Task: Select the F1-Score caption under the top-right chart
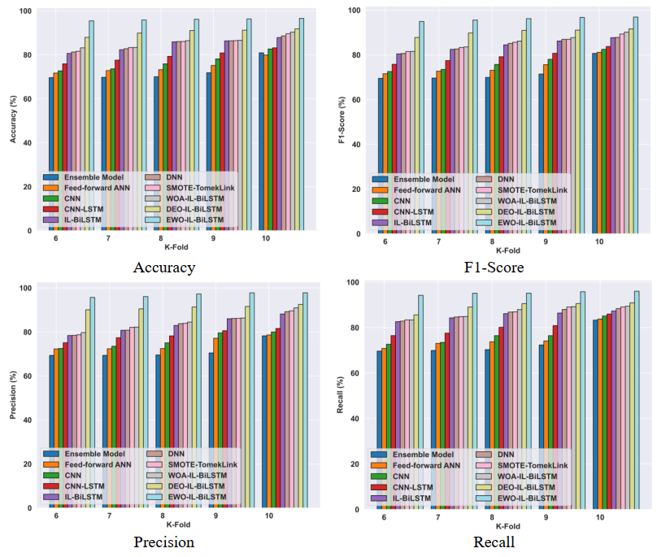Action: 494,268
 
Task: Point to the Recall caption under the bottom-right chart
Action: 494,542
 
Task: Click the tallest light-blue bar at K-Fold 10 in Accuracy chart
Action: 302,122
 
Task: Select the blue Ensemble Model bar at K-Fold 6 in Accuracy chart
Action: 51,154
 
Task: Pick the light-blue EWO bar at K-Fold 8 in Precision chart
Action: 198,398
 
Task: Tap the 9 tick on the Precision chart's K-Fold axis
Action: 215,516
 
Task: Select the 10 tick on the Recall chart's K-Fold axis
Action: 600,517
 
